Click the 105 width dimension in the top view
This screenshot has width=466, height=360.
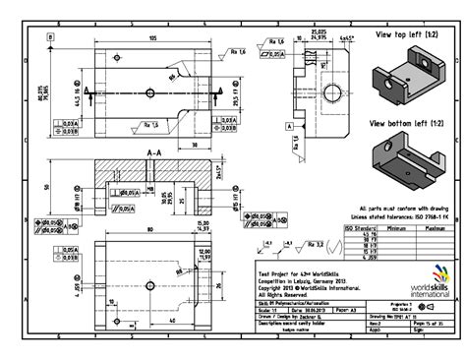(152, 37)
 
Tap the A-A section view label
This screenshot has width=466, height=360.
(153, 153)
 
